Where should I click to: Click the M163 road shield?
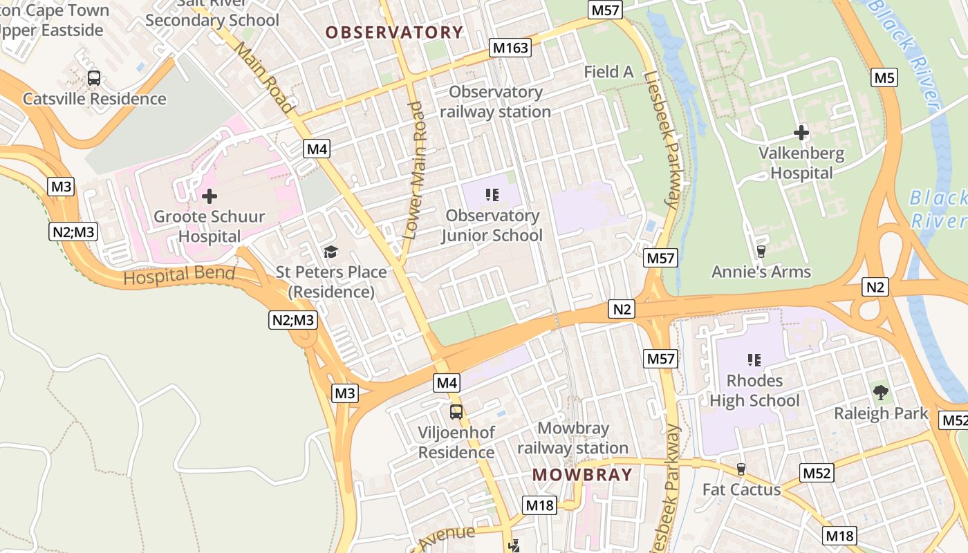pyautogui.click(x=510, y=48)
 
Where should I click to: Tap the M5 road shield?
pyautogui.click(x=884, y=77)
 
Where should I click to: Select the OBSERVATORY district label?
pyautogui.click(x=394, y=32)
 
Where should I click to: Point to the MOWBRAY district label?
pyautogui.click(x=582, y=475)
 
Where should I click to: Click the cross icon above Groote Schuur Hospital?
pyautogui.click(x=209, y=196)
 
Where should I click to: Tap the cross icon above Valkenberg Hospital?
pyautogui.click(x=801, y=132)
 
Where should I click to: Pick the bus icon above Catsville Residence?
pyautogui.click(x=94, y=78)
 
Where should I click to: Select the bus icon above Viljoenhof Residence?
pyautogui.click(x=456, y=412)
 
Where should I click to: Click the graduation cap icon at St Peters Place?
pyautogui.click(x=331, y=252)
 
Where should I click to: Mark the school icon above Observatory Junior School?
pyautogui.click(x=492, y=195)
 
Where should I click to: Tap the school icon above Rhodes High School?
pyautogui.click(x=754, y=359)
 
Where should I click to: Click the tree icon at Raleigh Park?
pyautogui.click(x=880, y=393)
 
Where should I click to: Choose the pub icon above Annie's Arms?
pyautogui.click(x=761, y=251)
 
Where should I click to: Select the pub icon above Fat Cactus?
pyautogui.click(x=741, y=469)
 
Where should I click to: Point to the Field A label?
pyautogui.click(x=608, y=71)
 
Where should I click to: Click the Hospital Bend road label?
pyautogui.click(x=179, y=275)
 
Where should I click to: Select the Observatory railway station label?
pyautogui.click(x=496, y=102)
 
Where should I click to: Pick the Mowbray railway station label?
pyautogui.click(x=573, y=438)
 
